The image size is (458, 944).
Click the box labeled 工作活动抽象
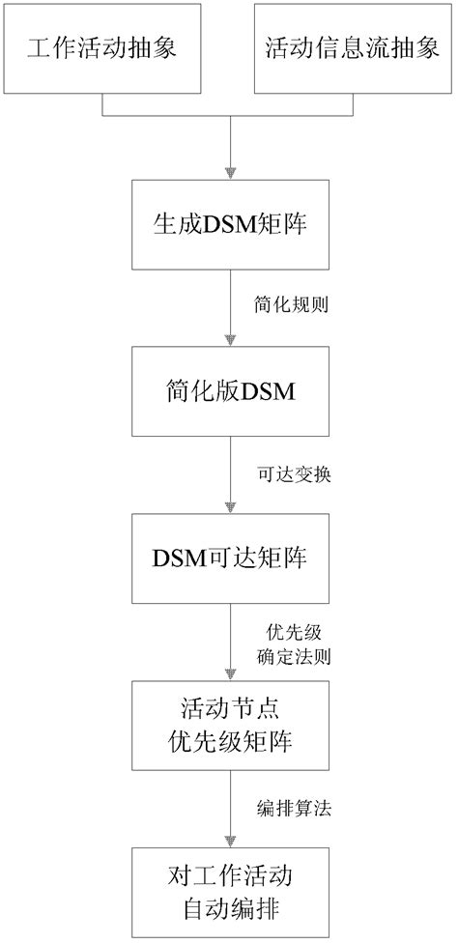(103, 49)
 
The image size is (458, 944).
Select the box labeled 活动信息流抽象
(354, 49)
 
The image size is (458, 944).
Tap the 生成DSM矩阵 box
(229, 226)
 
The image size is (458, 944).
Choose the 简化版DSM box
(229, 393)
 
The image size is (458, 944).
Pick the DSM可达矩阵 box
(229, 560)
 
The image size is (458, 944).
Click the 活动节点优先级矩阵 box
(229, 728)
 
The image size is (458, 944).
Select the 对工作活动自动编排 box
(229, 894)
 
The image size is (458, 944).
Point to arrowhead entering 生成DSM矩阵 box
(229, 174)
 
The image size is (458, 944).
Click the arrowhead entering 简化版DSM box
(229, 342)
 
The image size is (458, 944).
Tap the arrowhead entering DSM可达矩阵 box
(229, 509)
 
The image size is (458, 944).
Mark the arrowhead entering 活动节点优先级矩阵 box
(229, 675)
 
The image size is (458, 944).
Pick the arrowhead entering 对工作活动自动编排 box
(229, 842)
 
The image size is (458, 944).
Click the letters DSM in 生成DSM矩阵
(225, 226)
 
